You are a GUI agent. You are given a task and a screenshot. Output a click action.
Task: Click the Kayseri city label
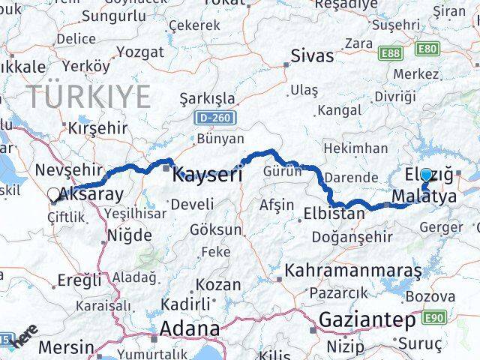[208, 175]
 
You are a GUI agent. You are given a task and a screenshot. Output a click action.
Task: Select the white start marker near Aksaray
[52, 195]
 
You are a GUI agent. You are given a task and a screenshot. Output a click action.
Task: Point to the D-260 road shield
[215, 118]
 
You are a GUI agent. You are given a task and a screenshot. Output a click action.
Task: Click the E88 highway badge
[390, 53]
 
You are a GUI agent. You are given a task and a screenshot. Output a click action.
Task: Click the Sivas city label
[311, 55]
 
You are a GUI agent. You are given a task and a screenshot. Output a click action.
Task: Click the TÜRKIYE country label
[89, 97]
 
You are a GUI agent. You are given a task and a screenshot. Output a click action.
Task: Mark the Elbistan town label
[334, 213]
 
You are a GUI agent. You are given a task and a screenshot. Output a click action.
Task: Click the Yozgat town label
[139, 52]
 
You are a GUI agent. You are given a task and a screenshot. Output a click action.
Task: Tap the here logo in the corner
[26, 334]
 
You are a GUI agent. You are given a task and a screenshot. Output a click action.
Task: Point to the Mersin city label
[67, 348]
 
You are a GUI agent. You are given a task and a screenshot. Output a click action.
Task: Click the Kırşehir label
[97, 127]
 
